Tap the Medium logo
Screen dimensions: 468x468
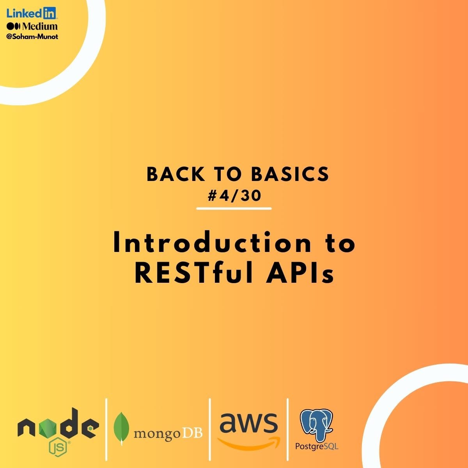pos(32,27)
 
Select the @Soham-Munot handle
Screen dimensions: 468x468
pos(32,37)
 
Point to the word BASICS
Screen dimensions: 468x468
pos(290,175)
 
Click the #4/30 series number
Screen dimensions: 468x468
pos(234,196)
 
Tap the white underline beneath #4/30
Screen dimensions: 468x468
pos(234,209)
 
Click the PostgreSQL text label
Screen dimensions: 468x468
pos(316,446)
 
